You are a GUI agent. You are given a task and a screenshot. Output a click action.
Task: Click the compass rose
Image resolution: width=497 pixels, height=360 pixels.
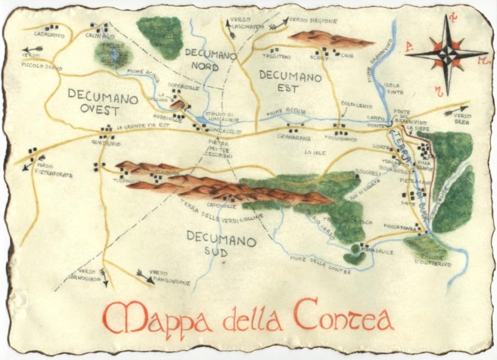point(447,54)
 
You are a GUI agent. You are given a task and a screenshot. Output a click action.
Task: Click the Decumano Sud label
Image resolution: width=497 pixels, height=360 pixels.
point(221,244)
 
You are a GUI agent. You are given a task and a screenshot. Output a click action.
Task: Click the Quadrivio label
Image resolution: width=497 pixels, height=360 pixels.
point(106,143)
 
